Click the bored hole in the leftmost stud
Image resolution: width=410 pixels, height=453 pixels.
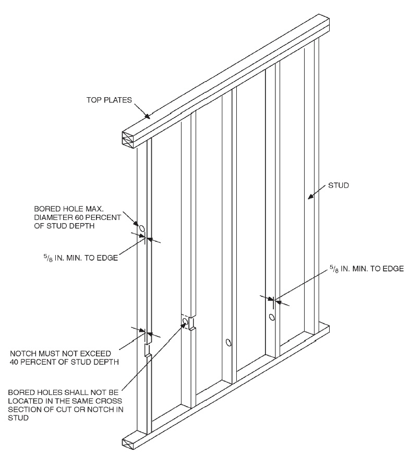click(x=141, y=227)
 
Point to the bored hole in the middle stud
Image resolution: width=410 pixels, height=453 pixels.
click(x=228, y=343)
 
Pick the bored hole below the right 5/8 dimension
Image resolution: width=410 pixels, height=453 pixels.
click(x=272, y=317)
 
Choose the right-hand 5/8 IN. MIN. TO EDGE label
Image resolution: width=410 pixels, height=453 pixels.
click(x=367, y=269)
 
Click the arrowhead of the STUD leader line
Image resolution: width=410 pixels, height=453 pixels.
click(x=310, y=198)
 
